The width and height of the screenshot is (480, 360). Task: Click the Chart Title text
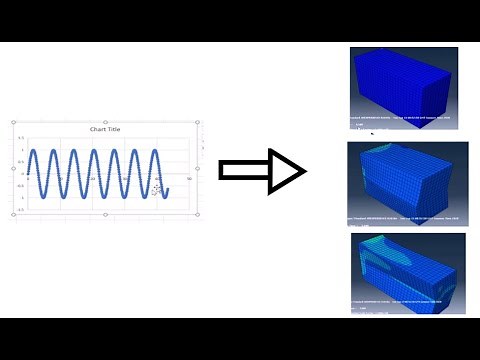(104, 130)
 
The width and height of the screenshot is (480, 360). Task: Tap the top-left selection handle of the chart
(14, 122)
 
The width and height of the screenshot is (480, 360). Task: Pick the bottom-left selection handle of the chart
(14, 213)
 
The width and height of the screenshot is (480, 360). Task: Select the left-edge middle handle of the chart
(14, 167)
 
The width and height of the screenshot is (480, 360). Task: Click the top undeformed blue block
(402, 88)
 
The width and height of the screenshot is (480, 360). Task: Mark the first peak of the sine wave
(34, 151)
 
